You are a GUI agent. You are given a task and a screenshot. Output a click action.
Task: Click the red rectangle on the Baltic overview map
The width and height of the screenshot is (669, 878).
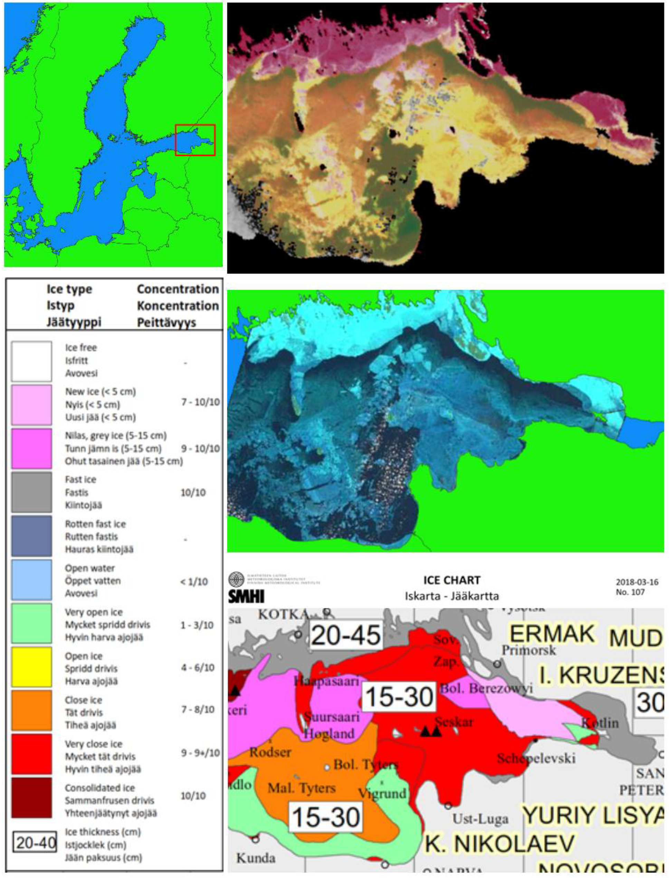(x=195, y=140)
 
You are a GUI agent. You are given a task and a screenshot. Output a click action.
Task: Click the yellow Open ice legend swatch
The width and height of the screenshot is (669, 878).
(x=31, y=667)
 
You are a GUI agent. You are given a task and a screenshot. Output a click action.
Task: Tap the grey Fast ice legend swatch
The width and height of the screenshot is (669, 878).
(x=31, y=492)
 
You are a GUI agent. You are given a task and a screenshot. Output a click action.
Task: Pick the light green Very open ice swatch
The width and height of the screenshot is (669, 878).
(x=31, y=623)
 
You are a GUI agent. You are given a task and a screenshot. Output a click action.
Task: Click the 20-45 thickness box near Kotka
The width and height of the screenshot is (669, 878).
(x=346, y=635)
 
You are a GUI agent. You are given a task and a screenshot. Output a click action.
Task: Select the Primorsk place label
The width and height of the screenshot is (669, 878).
(x=528, y=651)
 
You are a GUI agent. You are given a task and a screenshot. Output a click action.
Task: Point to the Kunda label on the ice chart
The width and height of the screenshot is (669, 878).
(x=256, y=858)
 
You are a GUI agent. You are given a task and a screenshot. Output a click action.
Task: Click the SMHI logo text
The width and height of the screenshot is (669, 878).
(x=246, y=596)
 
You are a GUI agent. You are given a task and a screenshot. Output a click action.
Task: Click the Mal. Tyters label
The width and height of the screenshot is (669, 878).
(x=302, y=788)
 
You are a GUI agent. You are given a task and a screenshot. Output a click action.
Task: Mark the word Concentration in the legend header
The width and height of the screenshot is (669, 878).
(x=178, y=289)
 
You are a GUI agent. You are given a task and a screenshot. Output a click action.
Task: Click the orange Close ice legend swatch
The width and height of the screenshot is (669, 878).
(x=31, y=710)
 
